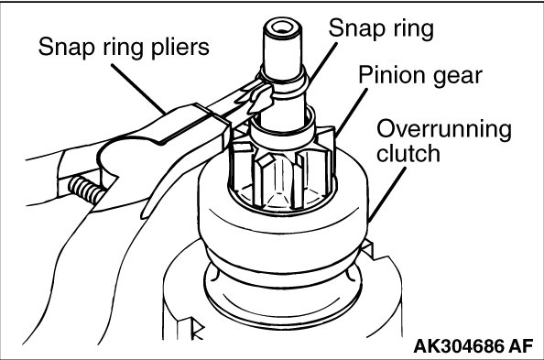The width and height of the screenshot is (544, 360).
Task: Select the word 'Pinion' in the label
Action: [391, 75]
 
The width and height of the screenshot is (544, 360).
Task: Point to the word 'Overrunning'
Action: [444, 130]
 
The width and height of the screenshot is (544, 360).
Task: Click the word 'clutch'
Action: [408, 153]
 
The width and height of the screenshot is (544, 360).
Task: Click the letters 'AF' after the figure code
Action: [521, 346]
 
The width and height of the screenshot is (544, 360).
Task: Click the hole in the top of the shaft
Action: [281, 27]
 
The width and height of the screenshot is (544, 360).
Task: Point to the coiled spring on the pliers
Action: [86, 191]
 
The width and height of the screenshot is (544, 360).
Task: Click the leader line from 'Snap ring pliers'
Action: [138, 89]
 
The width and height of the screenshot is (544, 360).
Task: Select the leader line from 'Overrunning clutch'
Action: [387, 194]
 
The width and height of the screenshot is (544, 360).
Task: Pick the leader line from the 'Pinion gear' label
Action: [351, 114]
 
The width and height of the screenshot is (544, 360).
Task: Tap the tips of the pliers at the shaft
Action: [258, 97]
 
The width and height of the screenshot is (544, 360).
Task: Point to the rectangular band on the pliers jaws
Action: [212, 125]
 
